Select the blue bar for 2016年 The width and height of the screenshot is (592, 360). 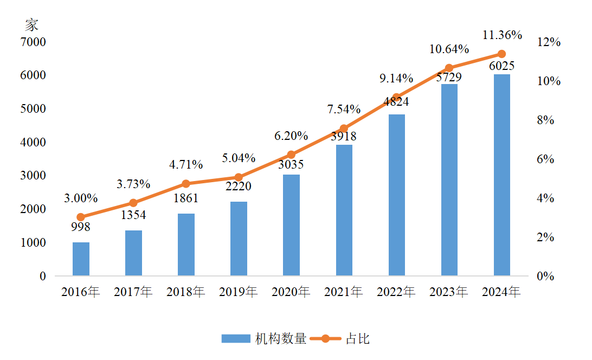tap(81, 259)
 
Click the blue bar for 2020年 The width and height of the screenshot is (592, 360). tap(291, 225)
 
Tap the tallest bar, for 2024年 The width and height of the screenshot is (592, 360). tap(501, 175)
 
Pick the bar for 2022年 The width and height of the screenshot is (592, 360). tap(396, 195)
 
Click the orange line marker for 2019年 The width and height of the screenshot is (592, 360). tap(239, 177)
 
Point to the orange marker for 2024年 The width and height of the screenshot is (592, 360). tap(501, 54)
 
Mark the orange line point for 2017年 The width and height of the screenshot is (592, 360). tap(133, 203)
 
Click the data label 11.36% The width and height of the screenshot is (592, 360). tap(501, 35)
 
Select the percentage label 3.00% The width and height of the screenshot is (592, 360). tap(81, 198)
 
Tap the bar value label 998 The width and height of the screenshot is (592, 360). tap(81, 227)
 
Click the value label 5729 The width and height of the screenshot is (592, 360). tap(449, 78)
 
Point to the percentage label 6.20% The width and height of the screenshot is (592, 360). tap(291, 136)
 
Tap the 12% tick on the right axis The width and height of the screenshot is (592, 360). tap(548, 42)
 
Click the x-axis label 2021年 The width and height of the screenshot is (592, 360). tap(344, 292)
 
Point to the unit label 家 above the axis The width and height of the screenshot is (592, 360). tap(32, 24)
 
